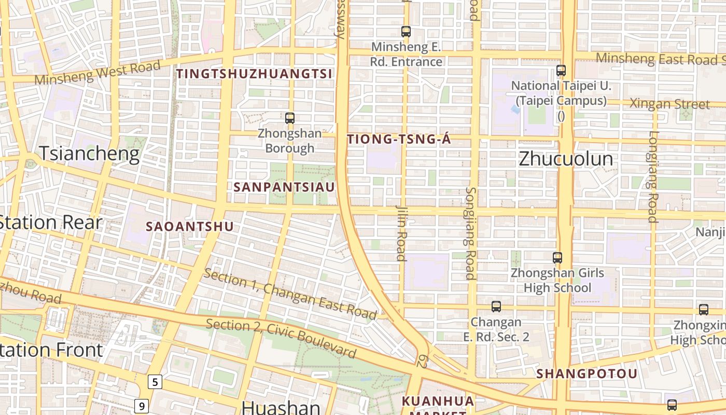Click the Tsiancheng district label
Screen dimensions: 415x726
[89, 154]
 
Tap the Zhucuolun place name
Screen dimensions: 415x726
[566, 159]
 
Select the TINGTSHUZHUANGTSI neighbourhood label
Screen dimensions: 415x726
[254, 74]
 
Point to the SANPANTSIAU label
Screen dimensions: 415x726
[284, 187]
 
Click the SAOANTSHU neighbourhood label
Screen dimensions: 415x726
[190, 227]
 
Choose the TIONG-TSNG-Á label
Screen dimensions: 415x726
[399, 139]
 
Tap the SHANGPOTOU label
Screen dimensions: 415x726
[587, 374]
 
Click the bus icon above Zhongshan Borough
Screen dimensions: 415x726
[290, 118]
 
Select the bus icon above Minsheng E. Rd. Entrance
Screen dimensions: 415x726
[406, 32]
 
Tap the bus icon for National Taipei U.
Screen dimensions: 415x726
[561, 71]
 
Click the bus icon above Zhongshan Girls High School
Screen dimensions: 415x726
[557, 257]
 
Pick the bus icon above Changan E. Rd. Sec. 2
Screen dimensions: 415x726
[496, 307]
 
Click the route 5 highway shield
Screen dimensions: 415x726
[155, 382]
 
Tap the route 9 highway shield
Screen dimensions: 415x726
[142, 406]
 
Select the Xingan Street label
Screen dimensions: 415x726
[669, 104]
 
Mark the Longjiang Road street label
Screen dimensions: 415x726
[652, 176]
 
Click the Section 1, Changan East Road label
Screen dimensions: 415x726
[290, 294]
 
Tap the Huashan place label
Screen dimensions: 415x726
[281, 407]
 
